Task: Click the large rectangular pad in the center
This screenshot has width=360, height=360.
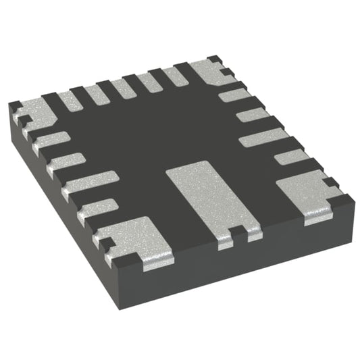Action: coord(206,196)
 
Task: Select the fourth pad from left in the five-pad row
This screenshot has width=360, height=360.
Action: coord(150,83)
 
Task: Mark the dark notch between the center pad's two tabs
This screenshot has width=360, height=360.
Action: coord(236,233)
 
